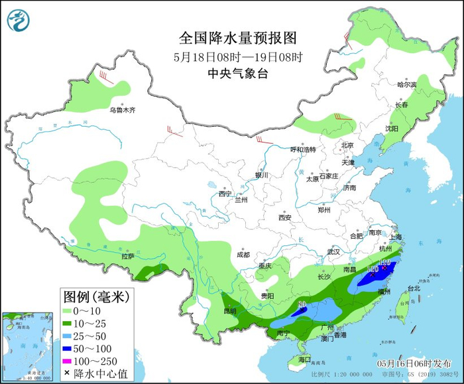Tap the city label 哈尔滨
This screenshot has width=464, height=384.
pyautogui.click(x=406, y=85)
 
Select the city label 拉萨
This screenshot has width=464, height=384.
pyautogui.click(x=128, y=256)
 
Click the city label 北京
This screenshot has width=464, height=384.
pyautogui.click(x=347, y=145)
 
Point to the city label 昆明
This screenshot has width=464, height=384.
pyautogui.click(x=229, y=311)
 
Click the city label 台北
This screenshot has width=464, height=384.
pyautogui.click(x=413, y=288)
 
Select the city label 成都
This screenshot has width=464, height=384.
pyautogui.click(x=243, y=255)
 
